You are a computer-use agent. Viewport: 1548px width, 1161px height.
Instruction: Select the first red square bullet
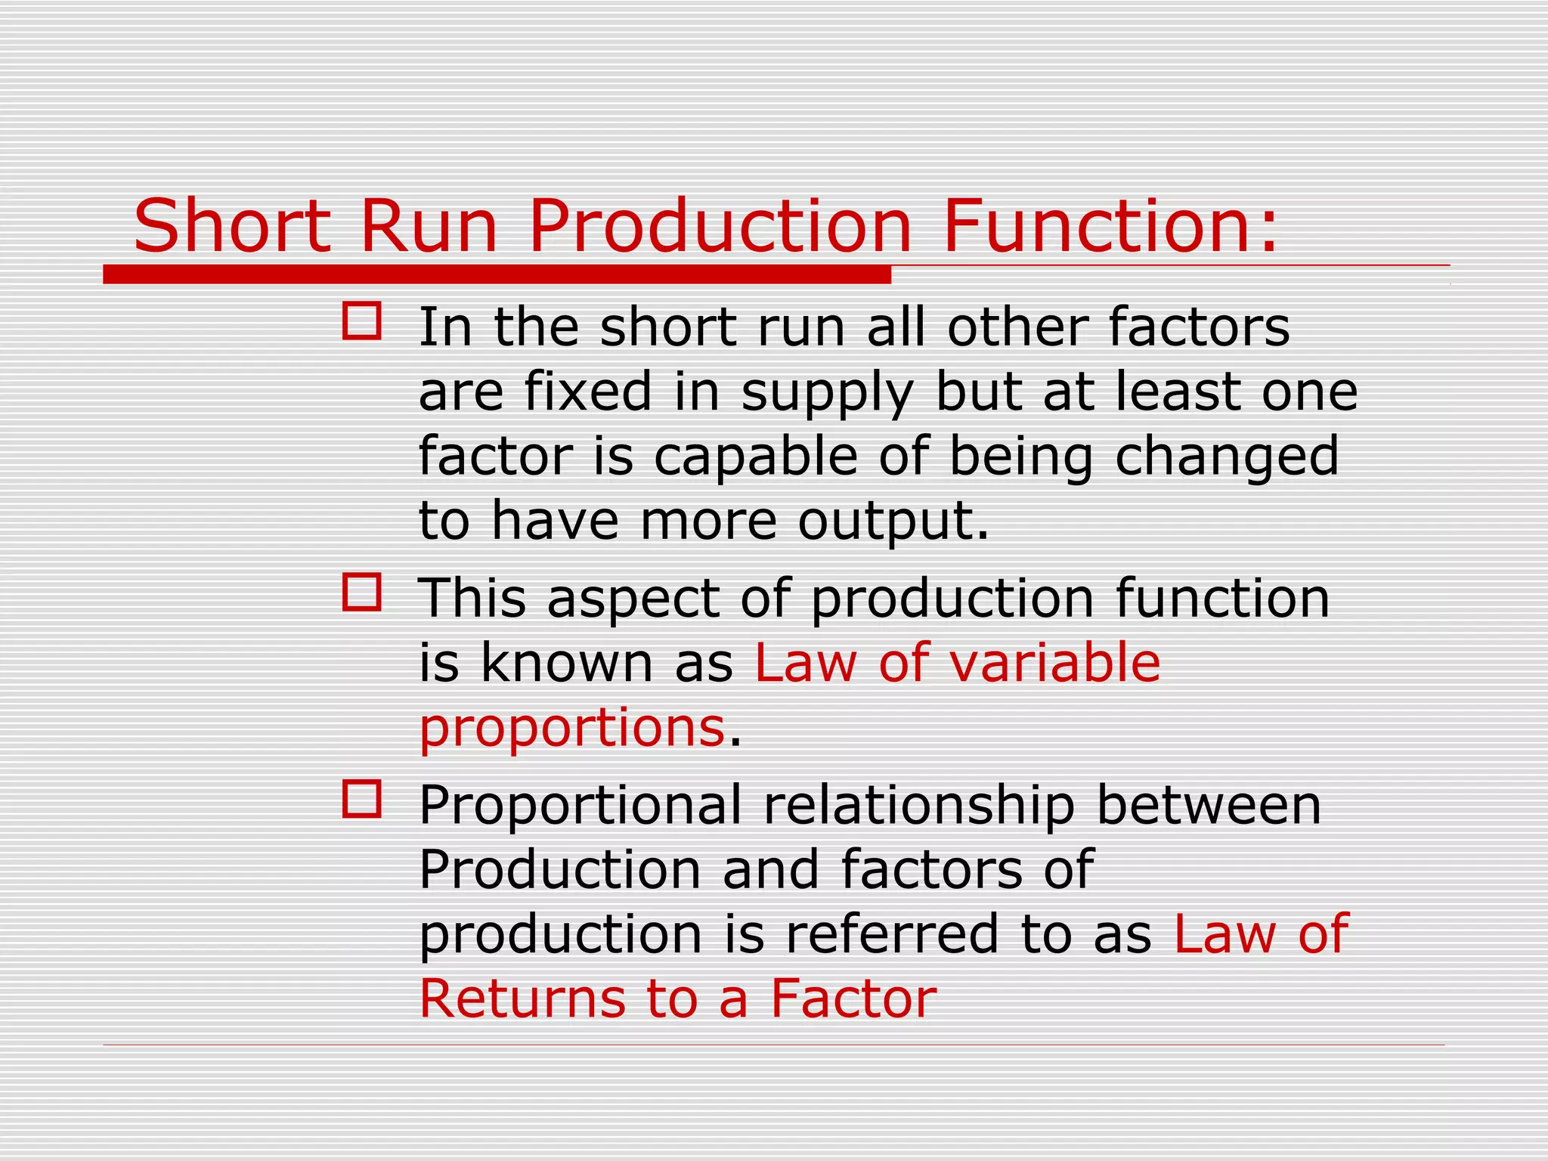coord(361,321)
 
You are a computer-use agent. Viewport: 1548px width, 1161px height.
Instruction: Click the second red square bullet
coord(361,592)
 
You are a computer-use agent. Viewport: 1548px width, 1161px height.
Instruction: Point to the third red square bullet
coord(361,799)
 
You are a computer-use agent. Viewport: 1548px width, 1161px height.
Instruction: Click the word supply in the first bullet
coord(828,393)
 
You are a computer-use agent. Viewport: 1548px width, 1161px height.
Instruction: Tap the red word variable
coord(1054,663)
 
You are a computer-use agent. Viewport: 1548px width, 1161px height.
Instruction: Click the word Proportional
coord(580,806)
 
